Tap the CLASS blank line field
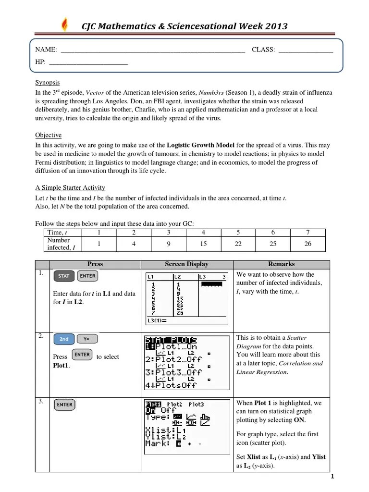(306, 50)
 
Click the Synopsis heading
(48, 82)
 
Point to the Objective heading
(48, 135)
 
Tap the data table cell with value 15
(203, 244)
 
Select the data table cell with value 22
(238, 244)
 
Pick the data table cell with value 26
(308, 244)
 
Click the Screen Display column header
(187, 264)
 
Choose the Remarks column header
(281, 264)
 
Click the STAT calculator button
(63, 276)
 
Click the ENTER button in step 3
(64, 405)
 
